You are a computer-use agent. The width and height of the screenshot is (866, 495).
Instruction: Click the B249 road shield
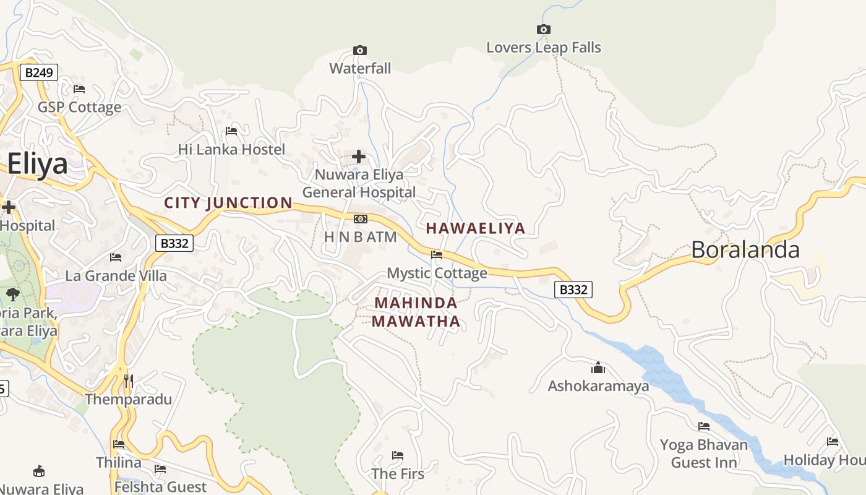[38, 72]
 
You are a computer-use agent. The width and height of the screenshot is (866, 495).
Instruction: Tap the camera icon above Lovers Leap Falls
[543, 29]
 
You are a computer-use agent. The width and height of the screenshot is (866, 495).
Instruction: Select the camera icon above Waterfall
[359, 50]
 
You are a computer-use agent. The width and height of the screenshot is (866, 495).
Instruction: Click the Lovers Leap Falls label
[543, 48]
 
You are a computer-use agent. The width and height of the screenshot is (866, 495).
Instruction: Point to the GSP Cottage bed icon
[79, 89]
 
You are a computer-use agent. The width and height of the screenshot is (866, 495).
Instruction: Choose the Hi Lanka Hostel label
[231, 149]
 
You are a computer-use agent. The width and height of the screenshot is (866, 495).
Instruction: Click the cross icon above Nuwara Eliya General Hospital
[359, 157]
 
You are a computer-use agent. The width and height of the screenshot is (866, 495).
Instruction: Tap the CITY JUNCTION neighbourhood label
[228, 203]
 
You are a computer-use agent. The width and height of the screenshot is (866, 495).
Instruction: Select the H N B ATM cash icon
[360, 219]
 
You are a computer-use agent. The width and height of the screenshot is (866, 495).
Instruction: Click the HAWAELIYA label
[475, 228]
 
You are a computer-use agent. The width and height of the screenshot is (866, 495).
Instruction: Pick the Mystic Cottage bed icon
[437, 254]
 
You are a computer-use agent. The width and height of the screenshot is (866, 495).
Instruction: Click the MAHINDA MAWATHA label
[416, 312]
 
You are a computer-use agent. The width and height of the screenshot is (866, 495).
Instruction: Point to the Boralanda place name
[745, 250]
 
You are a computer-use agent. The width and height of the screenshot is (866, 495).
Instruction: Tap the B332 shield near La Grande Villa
[174, 243]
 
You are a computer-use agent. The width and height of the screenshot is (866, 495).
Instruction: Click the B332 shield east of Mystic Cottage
[573, 289]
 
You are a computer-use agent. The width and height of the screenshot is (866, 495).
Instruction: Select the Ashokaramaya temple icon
[598, 368]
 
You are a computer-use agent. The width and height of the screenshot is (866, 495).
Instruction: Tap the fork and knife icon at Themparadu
[128, 381]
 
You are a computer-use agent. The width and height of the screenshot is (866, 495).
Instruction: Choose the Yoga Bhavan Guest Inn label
[704, 454]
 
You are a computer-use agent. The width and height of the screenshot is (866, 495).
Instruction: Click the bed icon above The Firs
[398, 455]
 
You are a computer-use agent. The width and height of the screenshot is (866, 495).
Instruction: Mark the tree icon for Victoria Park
[12, 295]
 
